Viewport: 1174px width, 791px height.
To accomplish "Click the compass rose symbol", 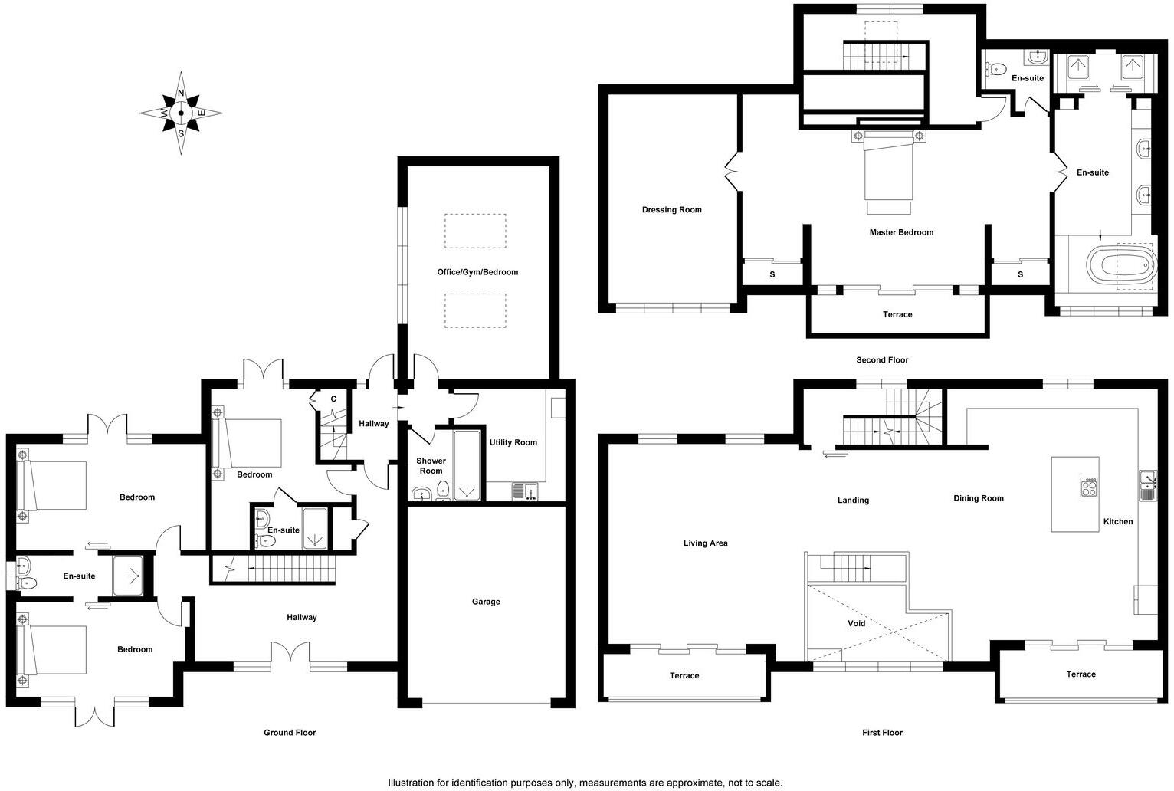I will pyautogui.click(x=181, y=113).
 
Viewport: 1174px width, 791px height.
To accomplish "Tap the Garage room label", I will pyautogui.click(x=486, y=602).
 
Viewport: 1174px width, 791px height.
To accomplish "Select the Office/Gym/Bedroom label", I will pyautogui.click(x=477, y=272).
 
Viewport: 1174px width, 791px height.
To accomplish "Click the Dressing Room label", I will pyautogui.click(x=671, y=210).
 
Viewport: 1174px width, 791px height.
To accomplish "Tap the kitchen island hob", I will pyautogui.click(x=1089, y=487).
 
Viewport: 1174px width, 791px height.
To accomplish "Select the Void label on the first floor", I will pyautogui.click(x=856, y=624).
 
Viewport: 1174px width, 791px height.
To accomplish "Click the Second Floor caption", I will pyautogui.click(x=882, y=360).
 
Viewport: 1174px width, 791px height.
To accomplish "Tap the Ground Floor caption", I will pyautogui.click(x=290, y=733).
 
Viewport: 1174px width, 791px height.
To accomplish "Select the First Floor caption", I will pyautogui.click(x=882, y=733).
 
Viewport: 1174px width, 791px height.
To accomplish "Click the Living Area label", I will pyautogui.click(x=705, y=543).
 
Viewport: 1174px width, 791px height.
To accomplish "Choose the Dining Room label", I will pyautogui.click(x=978, y=498).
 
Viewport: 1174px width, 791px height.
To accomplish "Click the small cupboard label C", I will pyautogui.click(x=333, y=399).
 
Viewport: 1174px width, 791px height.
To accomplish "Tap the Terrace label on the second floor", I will pyautogui.click(x=897, y=314).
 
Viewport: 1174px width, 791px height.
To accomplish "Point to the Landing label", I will pyautogui.click(x=853, y=501).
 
